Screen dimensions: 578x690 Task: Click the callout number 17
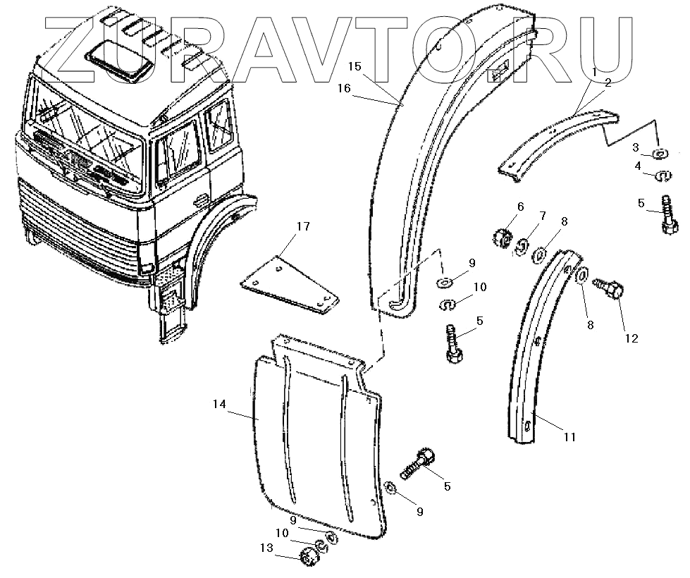[x=302, y=227]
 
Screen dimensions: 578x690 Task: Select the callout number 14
[x=220, y=404]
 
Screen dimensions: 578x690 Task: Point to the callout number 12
[x=630, y=338]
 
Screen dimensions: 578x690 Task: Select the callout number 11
[x=569, y=437]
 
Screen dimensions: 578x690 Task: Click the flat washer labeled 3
[x=660, y=154]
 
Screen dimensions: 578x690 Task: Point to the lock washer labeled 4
[x=663, y=175]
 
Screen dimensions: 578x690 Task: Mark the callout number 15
[x=355, y=66]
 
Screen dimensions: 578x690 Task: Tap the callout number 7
[x=542, y=214]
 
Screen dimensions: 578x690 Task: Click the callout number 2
[x=608, y=82]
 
